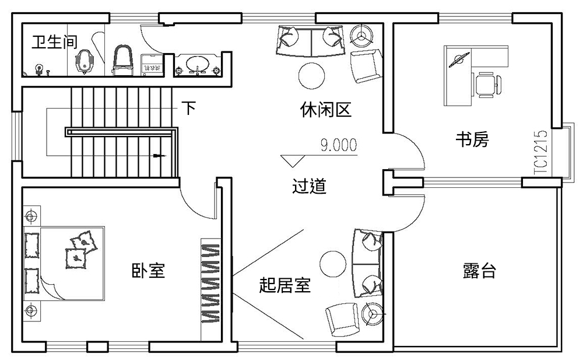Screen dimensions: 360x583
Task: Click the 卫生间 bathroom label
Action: (48, 43)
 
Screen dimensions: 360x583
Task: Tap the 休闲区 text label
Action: (326, 110)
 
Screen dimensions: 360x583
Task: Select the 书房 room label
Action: (472, 139)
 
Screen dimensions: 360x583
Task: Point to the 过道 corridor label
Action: (309, 187)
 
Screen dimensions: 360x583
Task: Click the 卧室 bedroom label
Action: (148, 271)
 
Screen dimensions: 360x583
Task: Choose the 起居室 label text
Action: (285, 285)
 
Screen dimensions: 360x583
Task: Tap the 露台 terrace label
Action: (479, 271)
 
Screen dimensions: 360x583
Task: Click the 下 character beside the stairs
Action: (188, 109)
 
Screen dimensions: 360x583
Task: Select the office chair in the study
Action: (486, 84)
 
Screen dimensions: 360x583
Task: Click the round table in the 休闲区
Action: (311, 75)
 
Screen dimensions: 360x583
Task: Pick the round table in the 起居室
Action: (333, 262)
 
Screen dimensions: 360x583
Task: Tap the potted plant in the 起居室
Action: (371, 313)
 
